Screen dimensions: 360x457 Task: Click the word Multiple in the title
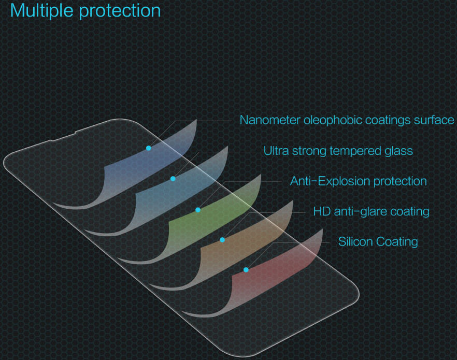tap(44, 10)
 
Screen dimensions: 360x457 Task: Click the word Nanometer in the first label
tap(269, 120)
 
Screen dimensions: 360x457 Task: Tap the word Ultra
tap(276, 151)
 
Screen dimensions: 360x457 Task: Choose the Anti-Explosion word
tap(330, 181)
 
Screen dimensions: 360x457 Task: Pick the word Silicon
tap(356, 241)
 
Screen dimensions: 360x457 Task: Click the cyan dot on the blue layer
tap(149, 148)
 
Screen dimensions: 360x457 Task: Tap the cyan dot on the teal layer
tap(173, 179)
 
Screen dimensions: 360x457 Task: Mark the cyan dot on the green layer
tap(198, 210)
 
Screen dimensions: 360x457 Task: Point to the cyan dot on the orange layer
tap(222, 240)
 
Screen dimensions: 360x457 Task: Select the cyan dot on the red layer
tap(246, 270)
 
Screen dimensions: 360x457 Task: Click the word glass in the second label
tap(399, 151)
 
